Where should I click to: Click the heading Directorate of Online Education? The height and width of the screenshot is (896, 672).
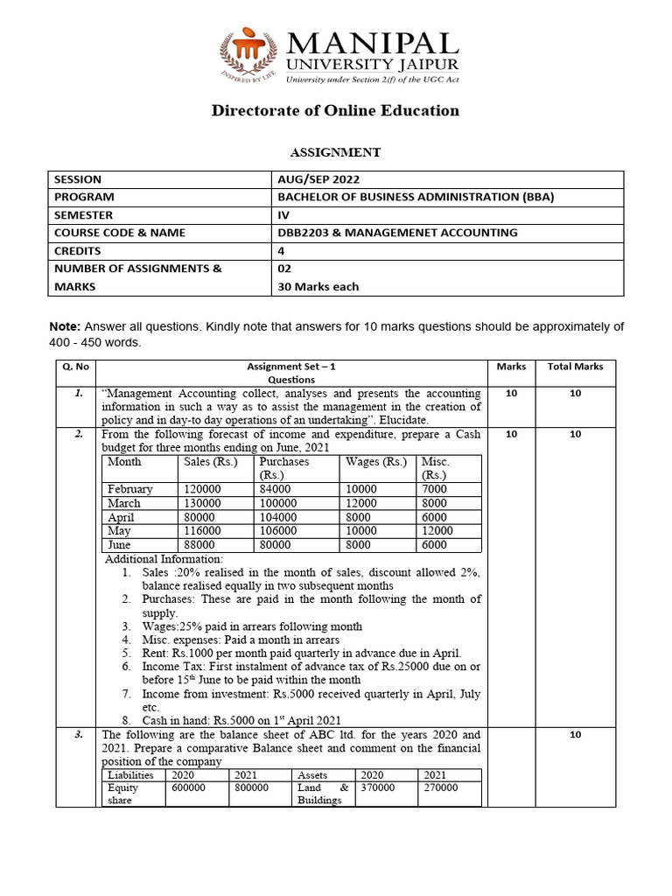pos(335,110)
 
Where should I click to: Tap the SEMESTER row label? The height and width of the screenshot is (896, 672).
pos(83,214)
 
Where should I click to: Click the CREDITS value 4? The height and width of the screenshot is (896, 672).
pos(281,250)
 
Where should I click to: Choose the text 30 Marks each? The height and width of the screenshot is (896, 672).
pos(318,286)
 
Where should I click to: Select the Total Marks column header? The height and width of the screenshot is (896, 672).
pos(575,367)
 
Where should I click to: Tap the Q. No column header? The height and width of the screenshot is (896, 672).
pos(77,367)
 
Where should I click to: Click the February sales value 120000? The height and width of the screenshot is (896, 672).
pos(202,489)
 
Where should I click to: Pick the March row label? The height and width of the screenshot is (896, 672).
pos(123,503)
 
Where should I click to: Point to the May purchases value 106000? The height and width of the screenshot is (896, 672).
pos(278,530)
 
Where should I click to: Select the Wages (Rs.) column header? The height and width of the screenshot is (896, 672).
pos(376,462)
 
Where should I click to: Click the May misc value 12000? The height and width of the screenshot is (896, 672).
pos(437,530)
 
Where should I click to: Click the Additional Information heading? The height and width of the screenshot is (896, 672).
pos(164,558)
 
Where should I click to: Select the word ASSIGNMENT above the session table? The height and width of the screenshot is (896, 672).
pos(335,152)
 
